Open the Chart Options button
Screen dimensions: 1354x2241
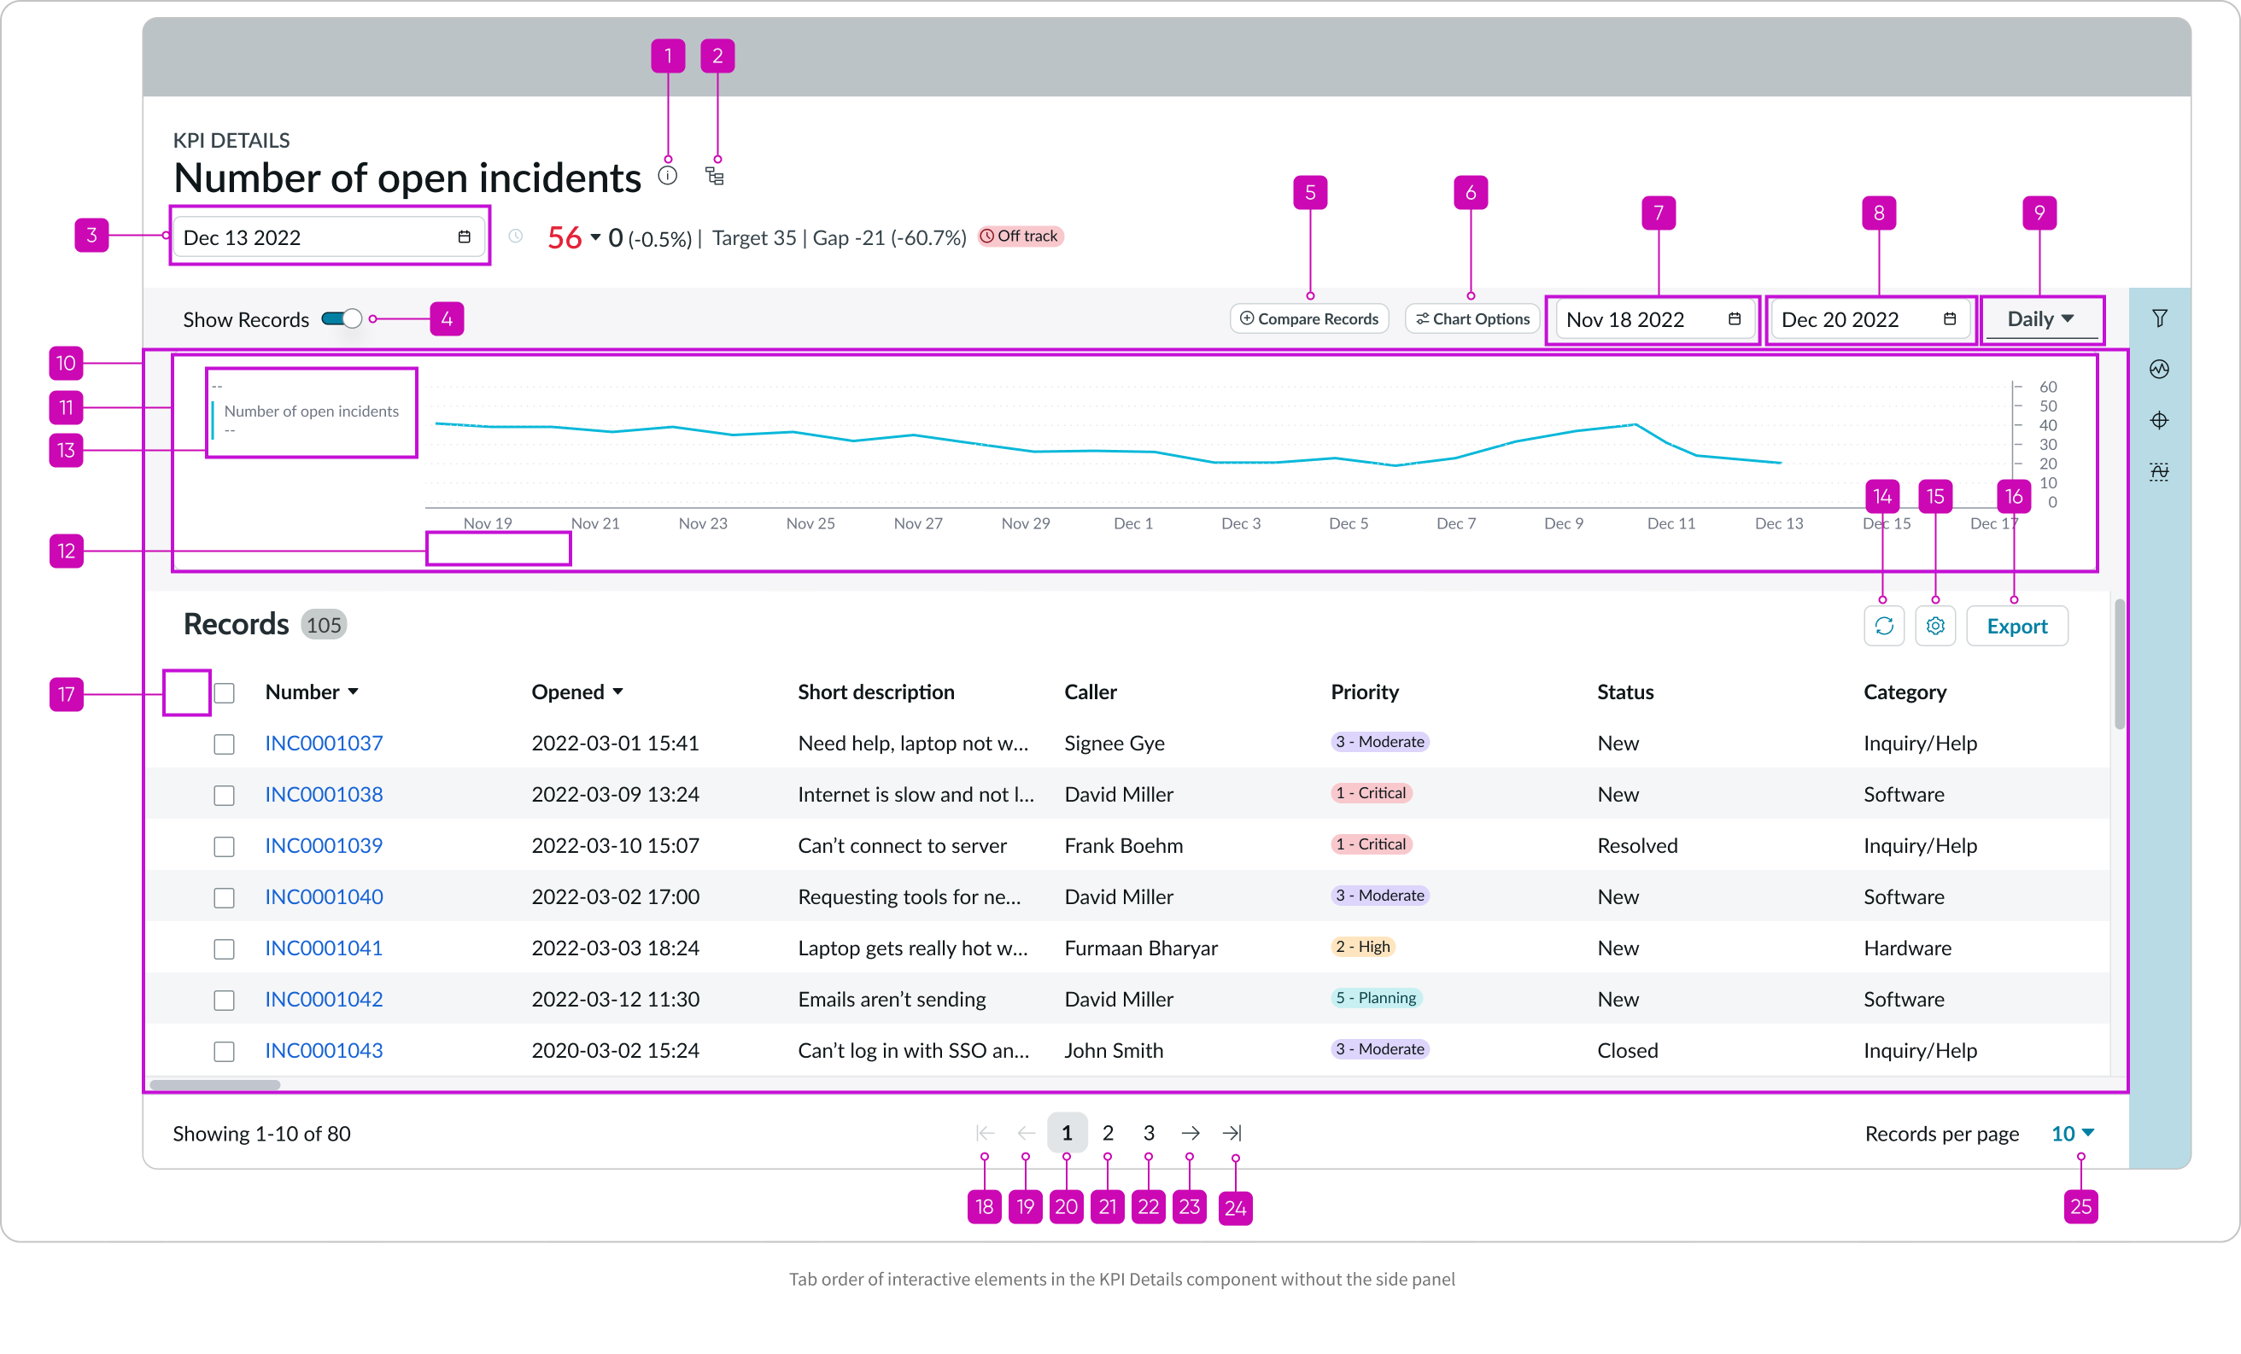click(1472, 319)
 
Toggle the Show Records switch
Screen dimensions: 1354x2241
click(342, 319)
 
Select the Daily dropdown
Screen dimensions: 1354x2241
click(2040, 319)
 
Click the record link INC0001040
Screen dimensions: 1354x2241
click(324, 896)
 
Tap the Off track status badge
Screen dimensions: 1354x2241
click(1020, 236)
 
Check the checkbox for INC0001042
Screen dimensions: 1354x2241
click(224, 1001)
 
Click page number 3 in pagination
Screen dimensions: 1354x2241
click(1149, 1133)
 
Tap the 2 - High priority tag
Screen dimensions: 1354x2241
click(1362, 947)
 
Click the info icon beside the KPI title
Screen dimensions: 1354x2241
click(668, 177)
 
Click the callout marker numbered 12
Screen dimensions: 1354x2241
click(67, 551)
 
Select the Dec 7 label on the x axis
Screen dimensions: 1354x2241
click(1455, 524)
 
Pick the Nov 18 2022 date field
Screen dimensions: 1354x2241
click(1652, 319)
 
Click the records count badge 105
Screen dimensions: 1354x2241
click(324, 626)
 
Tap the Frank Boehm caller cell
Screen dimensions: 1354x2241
click(1123, 846)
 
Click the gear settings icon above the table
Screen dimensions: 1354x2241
click(1934, 627)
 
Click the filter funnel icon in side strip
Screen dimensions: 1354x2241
click(2159, 318)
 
